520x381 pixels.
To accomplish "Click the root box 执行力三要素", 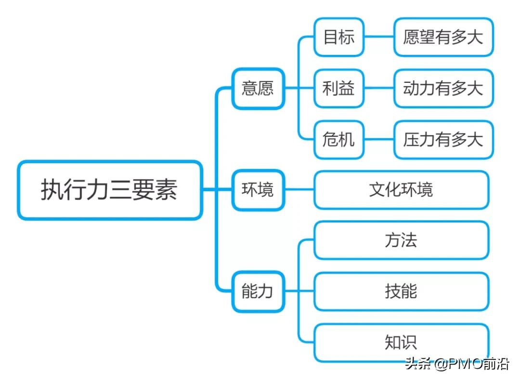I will pyautogui.click(x=110, y=190).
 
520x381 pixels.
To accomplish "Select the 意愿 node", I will pyautogui.click(x=258, y=89).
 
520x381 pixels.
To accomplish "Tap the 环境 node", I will pyautogui.click(x=258, y=190).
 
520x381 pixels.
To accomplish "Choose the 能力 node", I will pyautogui.click(x=258, y=291).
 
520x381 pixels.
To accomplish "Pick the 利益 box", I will pyautogui.click(x=339, y=89).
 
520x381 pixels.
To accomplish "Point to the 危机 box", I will pyautogui.click(x=339, y=140).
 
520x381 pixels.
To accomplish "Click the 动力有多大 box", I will pyautogui.click(x=443, y=89).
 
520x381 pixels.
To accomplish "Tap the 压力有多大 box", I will pyautogui.click(x=443, y=140).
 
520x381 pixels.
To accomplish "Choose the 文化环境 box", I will pyautogui.click(x=402, y=190).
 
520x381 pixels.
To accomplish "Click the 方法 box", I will pyautogui.click(x=402, y=240).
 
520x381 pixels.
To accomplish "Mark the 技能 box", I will pyautogui.click(x=402, y=291).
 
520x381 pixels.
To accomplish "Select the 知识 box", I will pyautogui.click(x=402, y=342).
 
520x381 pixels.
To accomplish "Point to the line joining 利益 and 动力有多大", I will pyautogui.click(x=379, y=89).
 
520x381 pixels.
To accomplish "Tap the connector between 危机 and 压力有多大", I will pyautogui.click(x=379, y=140).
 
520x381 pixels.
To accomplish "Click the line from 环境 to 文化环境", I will pyautogui.click(x=299, y=190).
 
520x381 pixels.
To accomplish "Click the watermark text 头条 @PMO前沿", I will pyautogui.click(x=457, y=364).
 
